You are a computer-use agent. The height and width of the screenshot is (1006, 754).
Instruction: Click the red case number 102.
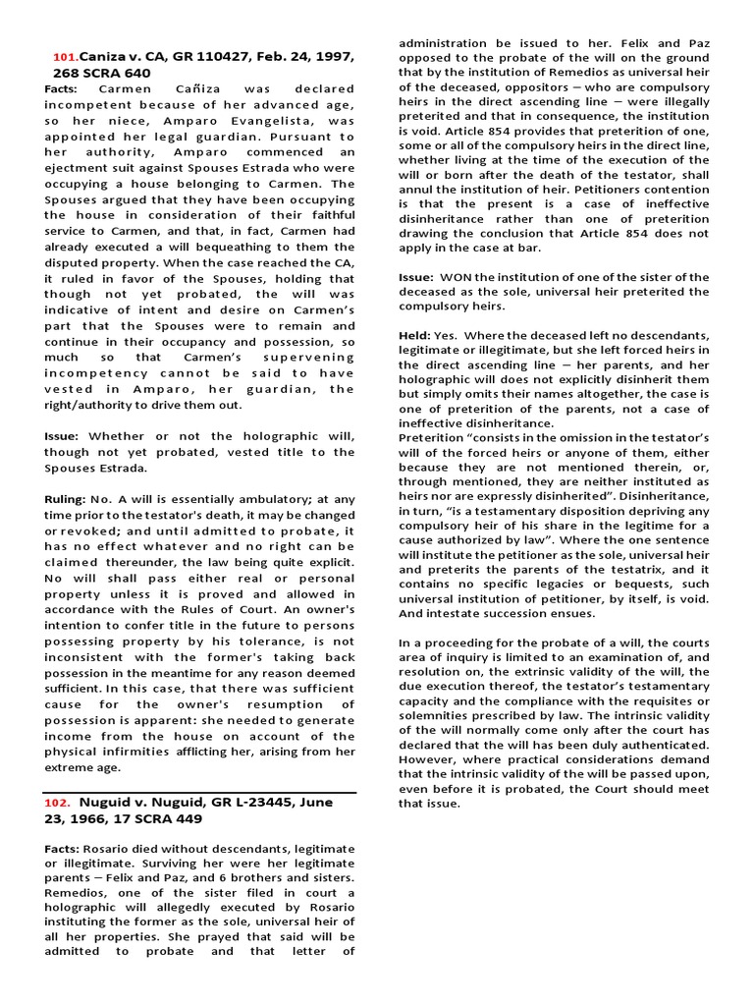pyautogui.click(x=57, y=802)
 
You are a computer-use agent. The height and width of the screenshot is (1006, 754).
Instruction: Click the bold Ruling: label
pyautogui.click(x=66, y=499)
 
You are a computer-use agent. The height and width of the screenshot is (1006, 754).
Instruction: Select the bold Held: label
pyautogui.click(x=417, y=335)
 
